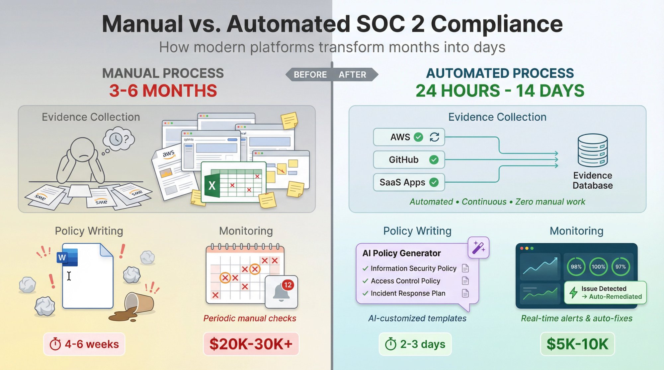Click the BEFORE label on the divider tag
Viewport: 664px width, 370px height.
(310, 75)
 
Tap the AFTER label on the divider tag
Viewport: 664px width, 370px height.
(352, 75)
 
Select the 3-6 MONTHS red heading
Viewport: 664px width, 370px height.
(163, 91)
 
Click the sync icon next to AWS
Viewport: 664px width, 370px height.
(434, 137)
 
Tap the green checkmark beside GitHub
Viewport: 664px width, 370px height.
(434, 160)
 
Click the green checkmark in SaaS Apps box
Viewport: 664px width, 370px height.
(434, 182)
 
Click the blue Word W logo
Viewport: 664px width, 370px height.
(67, 257)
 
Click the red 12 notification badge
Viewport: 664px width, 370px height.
(288, 285)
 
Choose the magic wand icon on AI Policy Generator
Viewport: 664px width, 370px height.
(478, 247)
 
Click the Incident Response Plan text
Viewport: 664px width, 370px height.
(408, 293)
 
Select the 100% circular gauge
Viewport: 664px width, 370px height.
(598, 267)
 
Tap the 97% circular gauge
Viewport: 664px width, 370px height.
(621, 267)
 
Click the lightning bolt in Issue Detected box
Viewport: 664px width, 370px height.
(573, 292)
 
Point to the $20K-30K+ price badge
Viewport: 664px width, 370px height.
(251, 344)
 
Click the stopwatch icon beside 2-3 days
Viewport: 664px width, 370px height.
(391, 344)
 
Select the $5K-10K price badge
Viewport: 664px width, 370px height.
(577, 344)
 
